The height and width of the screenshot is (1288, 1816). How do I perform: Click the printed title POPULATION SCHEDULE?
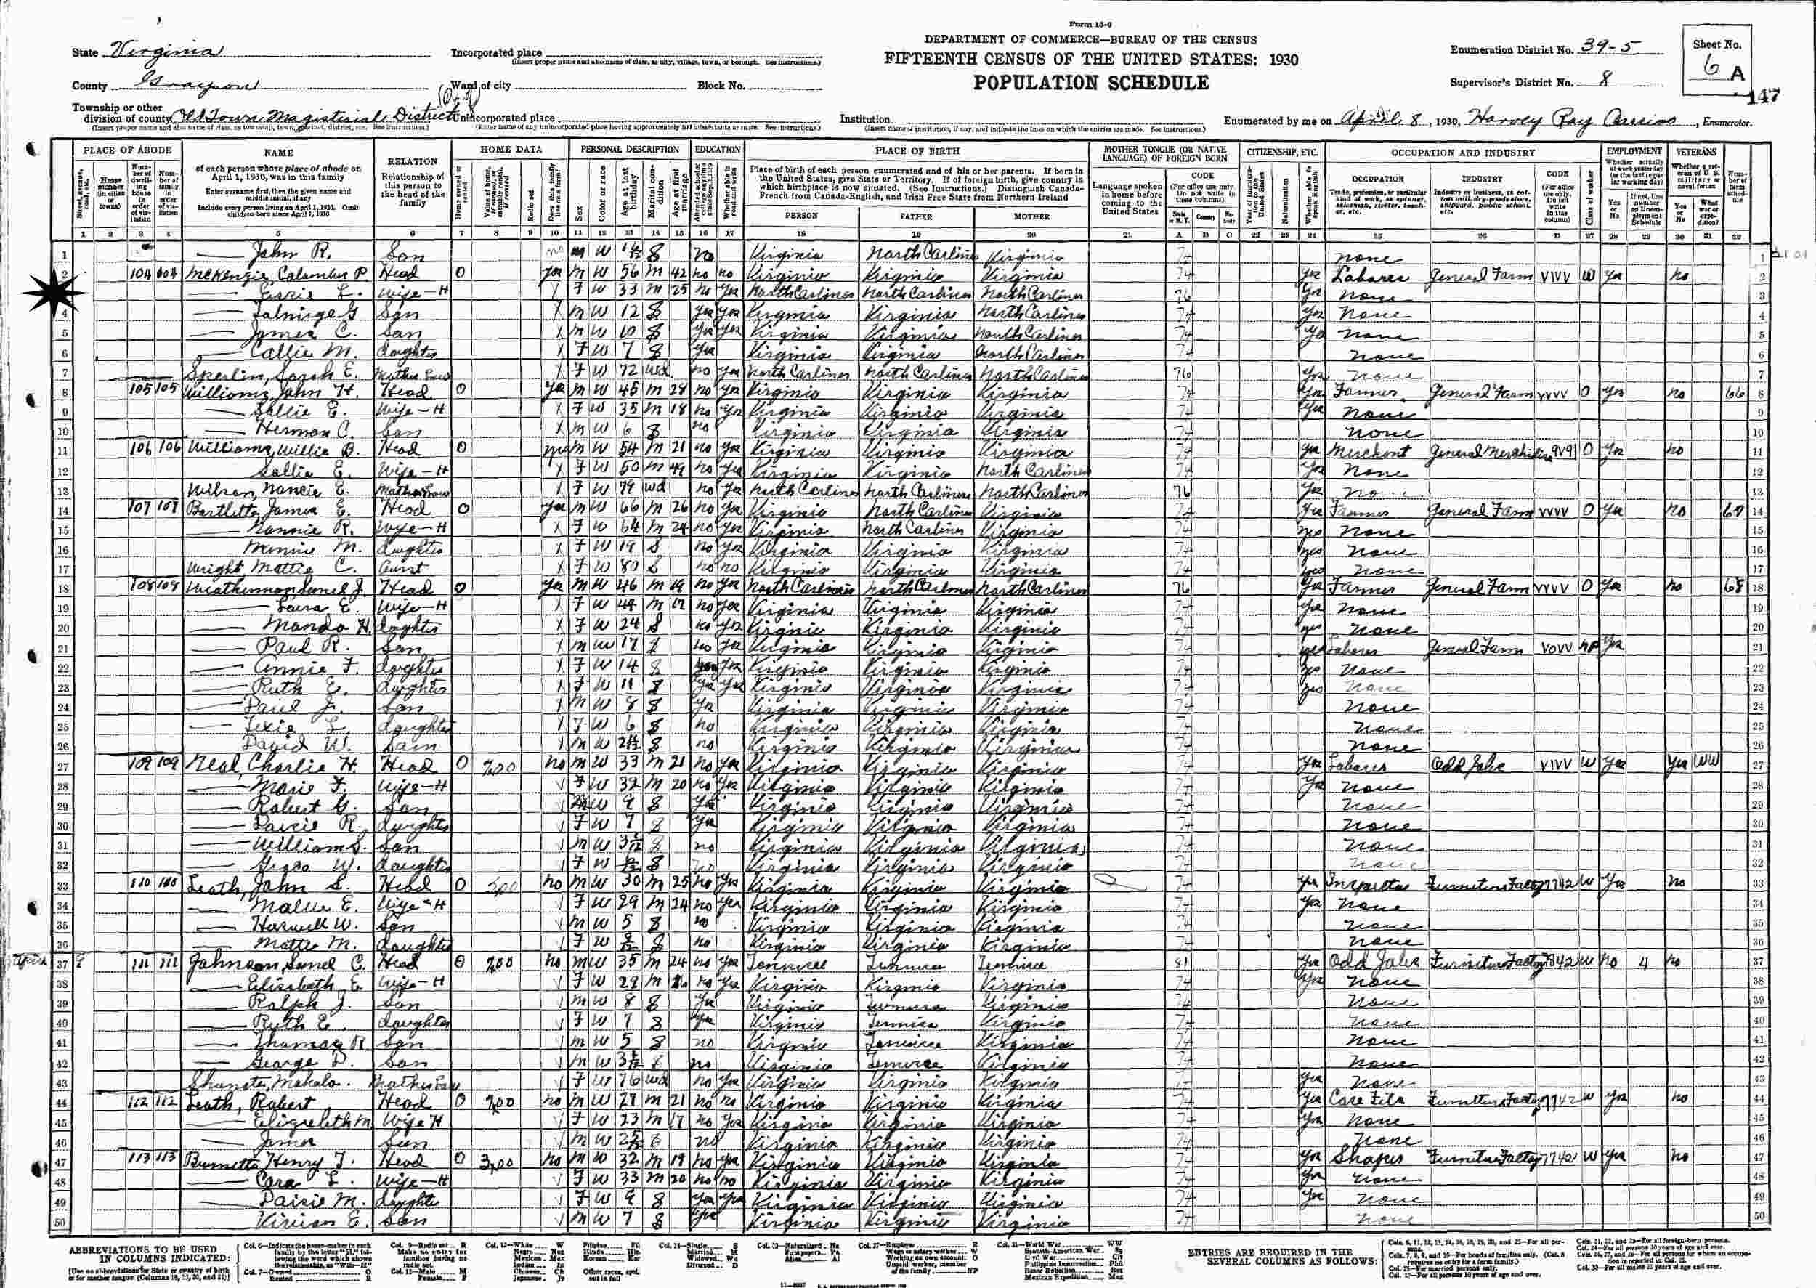[x=1091, y=83]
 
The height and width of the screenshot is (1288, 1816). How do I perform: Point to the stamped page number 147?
[x=1766, y=96]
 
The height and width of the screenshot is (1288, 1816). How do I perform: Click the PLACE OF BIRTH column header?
[x=917, y=150]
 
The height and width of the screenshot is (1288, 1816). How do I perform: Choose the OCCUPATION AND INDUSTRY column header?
[x=1462, y=153]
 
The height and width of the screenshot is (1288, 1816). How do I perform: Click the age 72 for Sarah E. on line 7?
[x=630, y=373]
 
